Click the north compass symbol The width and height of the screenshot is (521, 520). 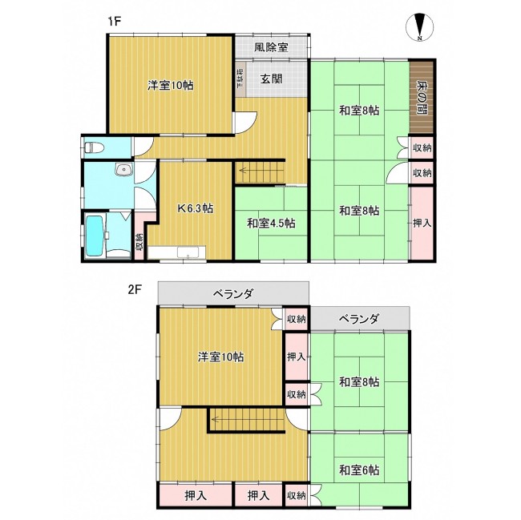(x=420, y=27)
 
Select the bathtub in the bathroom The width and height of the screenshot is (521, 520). (x=95, y=236)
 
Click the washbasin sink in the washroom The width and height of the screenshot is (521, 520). (x=124, y=170)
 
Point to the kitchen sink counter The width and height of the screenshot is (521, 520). (x=177, y=252)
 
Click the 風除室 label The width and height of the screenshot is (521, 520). (x=271, y=47)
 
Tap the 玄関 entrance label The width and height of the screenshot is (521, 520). (x=271, y=79)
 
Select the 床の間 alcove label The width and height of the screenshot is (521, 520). (x=422, y=97)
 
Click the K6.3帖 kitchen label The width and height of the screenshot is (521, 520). (x=196, y=208)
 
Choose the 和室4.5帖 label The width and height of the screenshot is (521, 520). (x=271, y=223)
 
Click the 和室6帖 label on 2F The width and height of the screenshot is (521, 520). (x=359, y=470)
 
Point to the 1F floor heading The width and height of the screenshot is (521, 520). (x=114, y=22)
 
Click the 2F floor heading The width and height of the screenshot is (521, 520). (x=135, y=289)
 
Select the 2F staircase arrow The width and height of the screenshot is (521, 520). (x=248, y=419)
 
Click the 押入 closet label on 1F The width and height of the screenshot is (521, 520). (x=422, y=223)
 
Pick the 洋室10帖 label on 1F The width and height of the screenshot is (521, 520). (x=171, y=86)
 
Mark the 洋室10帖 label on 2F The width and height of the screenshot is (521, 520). (x=220, y=357)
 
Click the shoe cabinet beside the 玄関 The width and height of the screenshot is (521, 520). (x=240, y=79)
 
